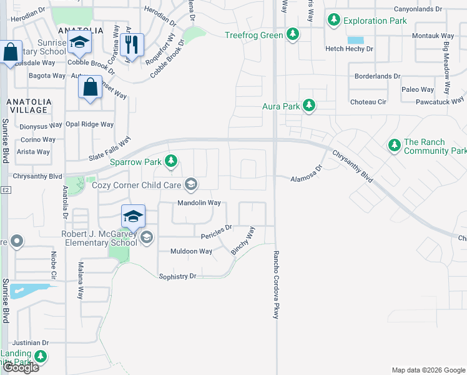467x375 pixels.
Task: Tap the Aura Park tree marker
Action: (x=308, y=106)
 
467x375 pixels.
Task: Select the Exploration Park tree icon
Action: (x=335, y=21)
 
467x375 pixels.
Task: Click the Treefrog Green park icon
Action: (x=292, y=34)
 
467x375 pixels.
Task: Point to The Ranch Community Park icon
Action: (x=394, y=146)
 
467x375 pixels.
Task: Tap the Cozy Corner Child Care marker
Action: (x=191, y=184)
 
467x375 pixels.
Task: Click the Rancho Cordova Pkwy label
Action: (x=275, y=285)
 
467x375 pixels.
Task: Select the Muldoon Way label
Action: (x=191, y=251)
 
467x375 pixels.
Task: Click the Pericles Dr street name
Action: (x=217, y=232)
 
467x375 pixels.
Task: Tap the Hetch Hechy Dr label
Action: (x=349, y=48)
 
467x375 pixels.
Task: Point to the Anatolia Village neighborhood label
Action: (x=27, y=105)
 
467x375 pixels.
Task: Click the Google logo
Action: (x=21, y=367)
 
